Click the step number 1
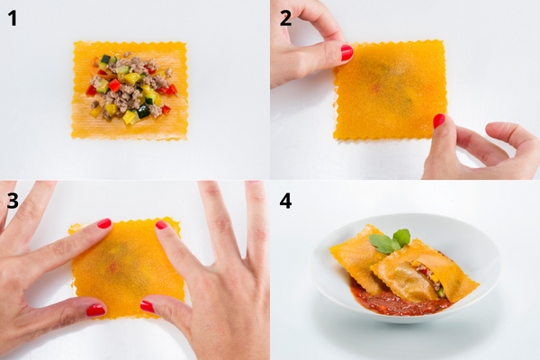click(x=12, y=18)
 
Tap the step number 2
click(x=285, y=18)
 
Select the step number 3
click(x=12, y=199)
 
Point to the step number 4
click(x=285, y=199)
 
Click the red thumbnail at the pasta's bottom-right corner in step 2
click(x=439, y=121)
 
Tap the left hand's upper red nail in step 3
click(x=104, y=223)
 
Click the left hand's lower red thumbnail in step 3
click(x=95, y=310)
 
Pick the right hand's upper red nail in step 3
click(x=161, y=225)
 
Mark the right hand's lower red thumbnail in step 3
click(x=147, y=306)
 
